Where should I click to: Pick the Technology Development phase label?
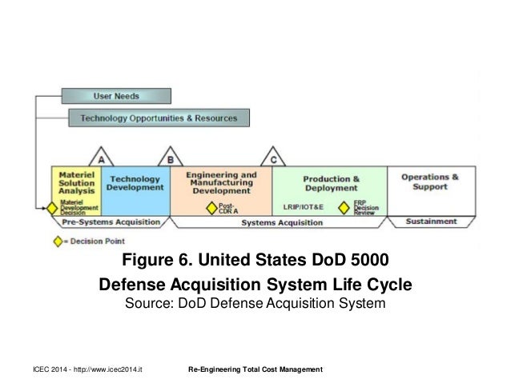[135, 182]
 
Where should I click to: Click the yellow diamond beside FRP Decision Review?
[344, 207]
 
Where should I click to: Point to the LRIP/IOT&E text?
[302, 207]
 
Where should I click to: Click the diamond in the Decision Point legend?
[57, 241]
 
